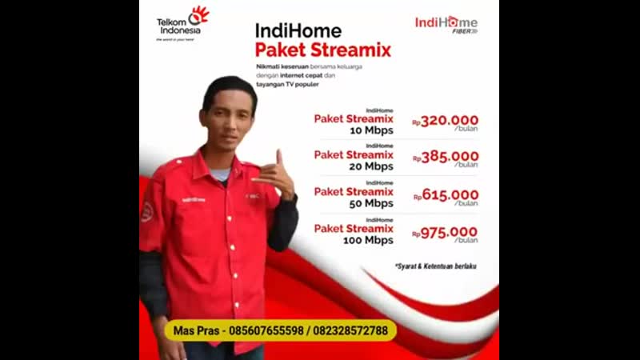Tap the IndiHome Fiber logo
pos(446,24)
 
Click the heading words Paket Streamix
pos(323,50)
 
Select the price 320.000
pos(450,120)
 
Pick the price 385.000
pos(450,157)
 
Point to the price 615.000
pos(450,194)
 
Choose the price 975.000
pos(450,231)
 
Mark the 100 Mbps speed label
pos(369,240)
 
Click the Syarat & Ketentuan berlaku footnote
pos(436,266)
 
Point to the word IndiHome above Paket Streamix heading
pos(298,30)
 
